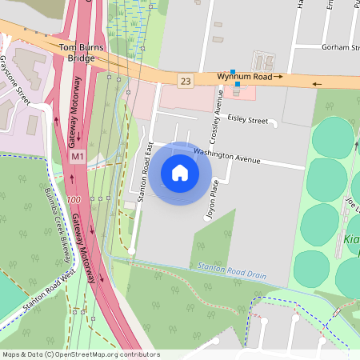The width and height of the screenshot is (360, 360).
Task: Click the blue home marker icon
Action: pos(180,172)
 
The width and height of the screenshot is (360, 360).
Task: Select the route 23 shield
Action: pos(186,81)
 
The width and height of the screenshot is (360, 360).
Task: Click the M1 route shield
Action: pos(77,158)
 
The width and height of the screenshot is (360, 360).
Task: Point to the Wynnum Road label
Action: pos(245,77)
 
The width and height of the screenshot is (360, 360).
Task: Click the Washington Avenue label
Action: pos(227,155)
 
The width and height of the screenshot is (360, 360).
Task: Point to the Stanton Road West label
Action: pos(50,290)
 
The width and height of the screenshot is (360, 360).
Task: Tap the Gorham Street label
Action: pos(339,48)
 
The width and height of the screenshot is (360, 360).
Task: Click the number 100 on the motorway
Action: pos(74,198)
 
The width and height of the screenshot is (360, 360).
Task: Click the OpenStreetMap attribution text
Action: pos(80,354)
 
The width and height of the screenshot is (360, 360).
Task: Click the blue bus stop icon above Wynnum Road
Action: pos(233,72)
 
